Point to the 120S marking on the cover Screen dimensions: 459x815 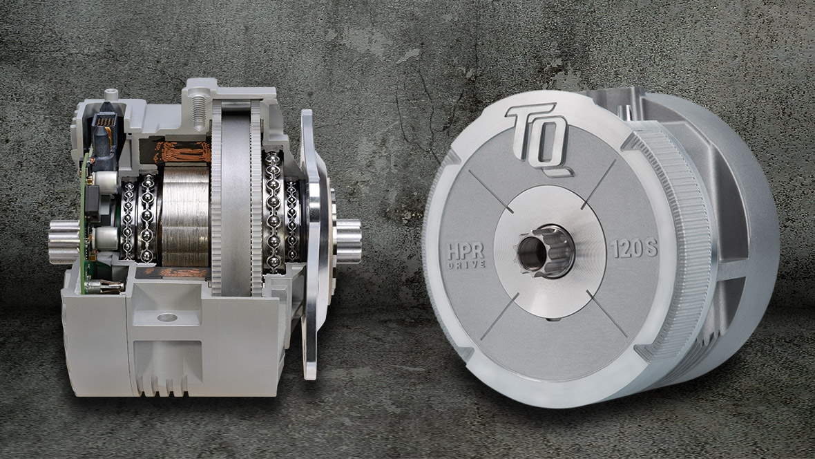pyautogui.click(x=635, y=250)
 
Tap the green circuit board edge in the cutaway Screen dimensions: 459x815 pyautogui.click(x=84, y=228)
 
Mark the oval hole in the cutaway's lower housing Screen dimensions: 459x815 pyautogui.click(x=166, y=318)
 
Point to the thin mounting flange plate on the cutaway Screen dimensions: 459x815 pyautogui.click(x=308, y=242)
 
